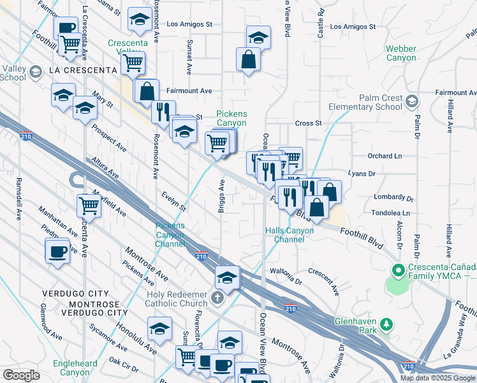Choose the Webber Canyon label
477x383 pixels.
pos(400,54)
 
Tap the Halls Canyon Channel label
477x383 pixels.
pos(289,234)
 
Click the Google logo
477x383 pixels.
pos(21,375)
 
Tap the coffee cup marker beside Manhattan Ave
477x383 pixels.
pos(57,250)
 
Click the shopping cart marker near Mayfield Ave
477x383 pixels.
pos(89,206)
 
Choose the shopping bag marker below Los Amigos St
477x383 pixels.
pos(248,60)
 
